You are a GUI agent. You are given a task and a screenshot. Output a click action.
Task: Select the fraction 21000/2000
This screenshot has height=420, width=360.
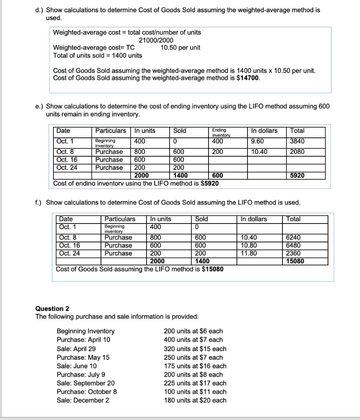[x=156, y=40]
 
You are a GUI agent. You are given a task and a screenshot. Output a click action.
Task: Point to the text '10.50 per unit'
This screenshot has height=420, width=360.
[x=180, y=48]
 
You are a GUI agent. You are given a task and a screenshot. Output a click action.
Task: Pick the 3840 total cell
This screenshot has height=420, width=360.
[x=297, y=141]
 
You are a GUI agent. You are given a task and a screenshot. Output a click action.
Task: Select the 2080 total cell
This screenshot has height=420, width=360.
[x=297, y=152]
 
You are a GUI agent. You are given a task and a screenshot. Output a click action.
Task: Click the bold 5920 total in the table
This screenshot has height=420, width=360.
[x=297, y=176]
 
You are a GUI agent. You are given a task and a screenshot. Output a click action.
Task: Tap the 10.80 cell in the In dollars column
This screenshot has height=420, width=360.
[x=249, y=245]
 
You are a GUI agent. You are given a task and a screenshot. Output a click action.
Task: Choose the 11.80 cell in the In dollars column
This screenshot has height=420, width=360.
[x=249, y=253]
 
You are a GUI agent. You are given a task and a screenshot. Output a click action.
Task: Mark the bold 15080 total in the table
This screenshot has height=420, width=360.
[x=295, y=261]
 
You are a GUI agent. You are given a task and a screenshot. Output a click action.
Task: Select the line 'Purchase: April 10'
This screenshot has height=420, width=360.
[x=83, y=340]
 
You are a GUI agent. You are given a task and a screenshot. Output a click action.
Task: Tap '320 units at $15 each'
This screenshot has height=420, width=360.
[x=195, y=349]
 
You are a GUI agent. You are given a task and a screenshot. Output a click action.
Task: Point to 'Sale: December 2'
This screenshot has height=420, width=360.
[x=83, y=400]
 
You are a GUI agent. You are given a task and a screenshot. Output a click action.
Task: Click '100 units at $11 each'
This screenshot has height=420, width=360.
[x=195, y=392]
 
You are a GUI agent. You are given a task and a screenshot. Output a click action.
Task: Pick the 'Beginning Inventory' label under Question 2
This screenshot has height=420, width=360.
[x=85, y=331]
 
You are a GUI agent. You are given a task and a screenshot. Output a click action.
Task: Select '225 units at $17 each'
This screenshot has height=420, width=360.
[x=195, y=383]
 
